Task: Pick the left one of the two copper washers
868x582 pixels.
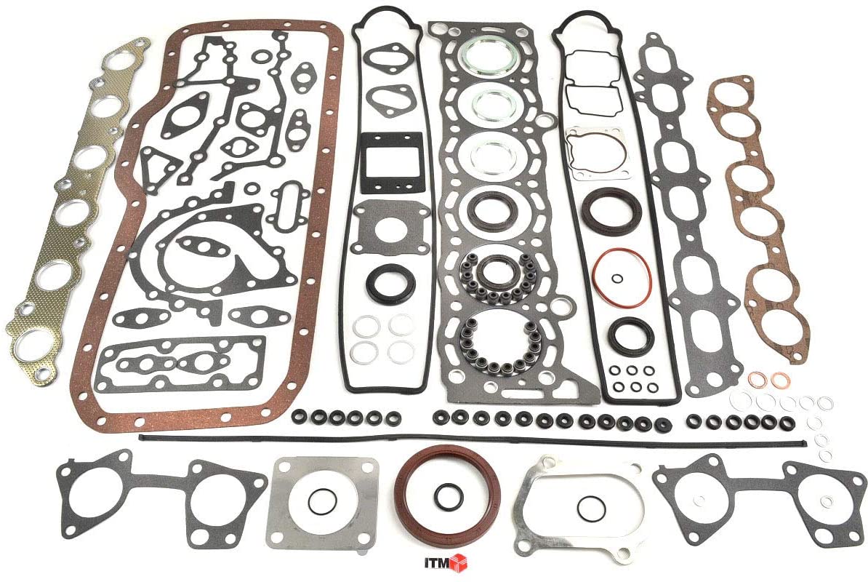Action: click(x=757, y=380)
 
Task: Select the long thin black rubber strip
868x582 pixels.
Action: click(x=473, y=440)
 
